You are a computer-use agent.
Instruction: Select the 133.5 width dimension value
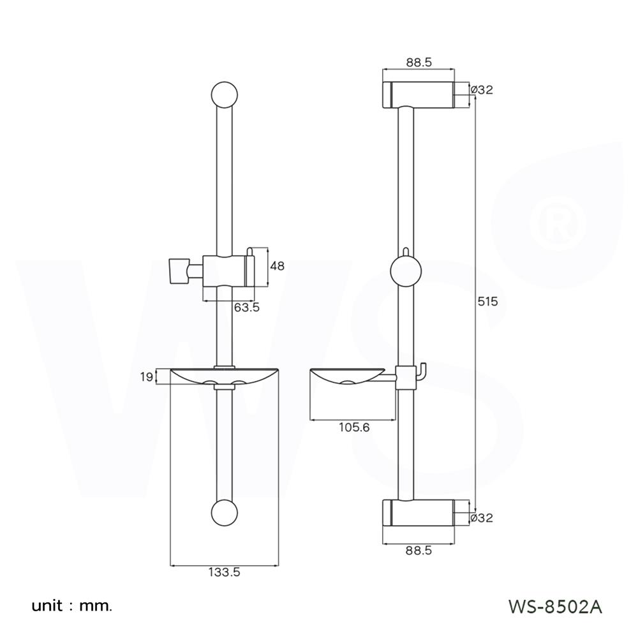[223, 572]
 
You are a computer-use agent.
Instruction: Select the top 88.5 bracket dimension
[419, 62]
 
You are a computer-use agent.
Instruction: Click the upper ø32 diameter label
[482, 90]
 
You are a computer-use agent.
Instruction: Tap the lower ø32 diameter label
[482, 518]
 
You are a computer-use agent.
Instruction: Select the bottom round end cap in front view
[224, 513]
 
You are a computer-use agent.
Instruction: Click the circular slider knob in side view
[406, 271]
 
